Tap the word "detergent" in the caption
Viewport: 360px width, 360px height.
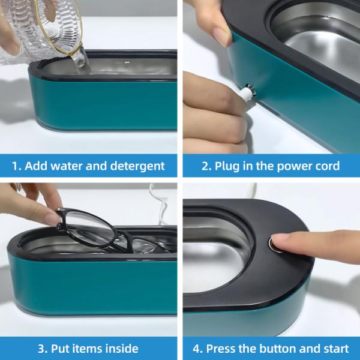click(x=137, y=166)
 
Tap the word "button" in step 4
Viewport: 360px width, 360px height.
click(x=278, y=349)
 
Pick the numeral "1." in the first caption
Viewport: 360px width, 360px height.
click(x=16, y=166)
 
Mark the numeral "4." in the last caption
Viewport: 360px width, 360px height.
click(x=197, y=349)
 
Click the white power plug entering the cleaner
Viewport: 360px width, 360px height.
click(x=247, y=92)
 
